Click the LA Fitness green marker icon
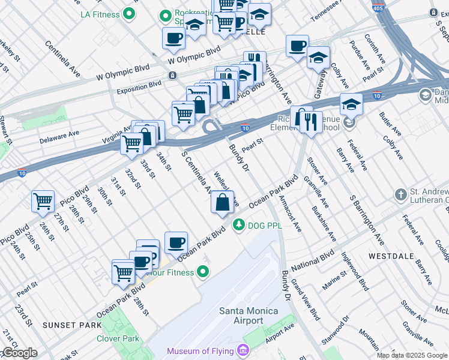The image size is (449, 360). [129, 13]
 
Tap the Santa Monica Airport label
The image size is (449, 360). [249, 316]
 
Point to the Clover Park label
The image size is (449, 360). [118, 338]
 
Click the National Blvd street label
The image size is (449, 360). [312, 263]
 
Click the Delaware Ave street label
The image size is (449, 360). [59, 136]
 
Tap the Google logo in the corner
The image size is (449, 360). [19, 353]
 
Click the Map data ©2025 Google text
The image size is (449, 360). [412, 355]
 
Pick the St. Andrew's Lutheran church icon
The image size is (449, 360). [400, 195]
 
